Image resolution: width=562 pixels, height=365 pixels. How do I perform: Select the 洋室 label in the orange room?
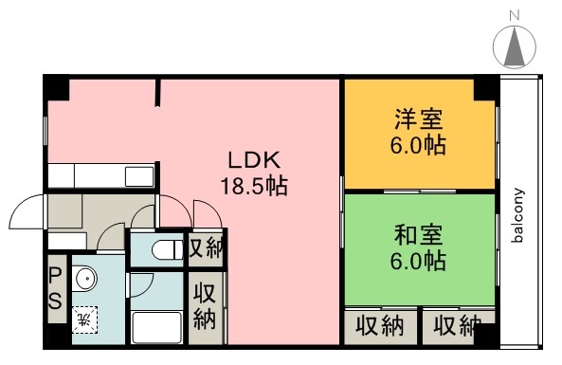[419, 121]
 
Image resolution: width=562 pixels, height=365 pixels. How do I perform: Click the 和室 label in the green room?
[419, 232]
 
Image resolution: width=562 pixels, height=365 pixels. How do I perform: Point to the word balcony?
[518, 214]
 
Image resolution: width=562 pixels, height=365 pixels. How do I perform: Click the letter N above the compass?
[515, 15]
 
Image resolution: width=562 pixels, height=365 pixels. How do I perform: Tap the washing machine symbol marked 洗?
[84, 316]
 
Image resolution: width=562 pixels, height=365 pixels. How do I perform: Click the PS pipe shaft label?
[55, 289]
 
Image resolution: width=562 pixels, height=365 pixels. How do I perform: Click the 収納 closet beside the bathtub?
[204, 306]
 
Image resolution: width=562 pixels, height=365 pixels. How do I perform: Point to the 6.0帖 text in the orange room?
[419, 147]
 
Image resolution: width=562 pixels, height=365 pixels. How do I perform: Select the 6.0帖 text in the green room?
[419, 258]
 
